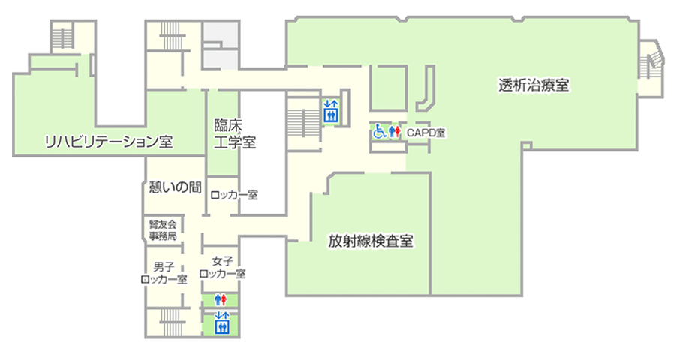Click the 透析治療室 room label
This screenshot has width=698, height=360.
click(x=534, y=85)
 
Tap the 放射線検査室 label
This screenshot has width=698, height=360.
click(x=371, y=241)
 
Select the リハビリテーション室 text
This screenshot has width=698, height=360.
click(x=109, y=142)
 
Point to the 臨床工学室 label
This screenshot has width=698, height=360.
click(x=235, y=133)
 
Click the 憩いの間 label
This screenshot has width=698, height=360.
click(x=175, y=187)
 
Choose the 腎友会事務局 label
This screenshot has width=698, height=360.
click(x=163, y=230)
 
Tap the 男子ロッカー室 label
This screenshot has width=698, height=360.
click(x=164, y=273)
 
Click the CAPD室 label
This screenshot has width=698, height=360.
click(x=426, y=133)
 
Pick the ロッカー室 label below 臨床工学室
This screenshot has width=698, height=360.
click(x=234, y=195)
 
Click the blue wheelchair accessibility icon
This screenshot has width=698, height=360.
click(x=379, y=131)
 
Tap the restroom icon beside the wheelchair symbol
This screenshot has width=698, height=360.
click(x=394, y=131)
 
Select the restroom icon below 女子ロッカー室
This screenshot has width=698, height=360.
click(x=221, y=299)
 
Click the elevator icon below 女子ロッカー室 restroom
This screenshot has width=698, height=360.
click(x=221, y=323)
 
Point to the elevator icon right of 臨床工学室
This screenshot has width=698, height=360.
click(x=331, y=111)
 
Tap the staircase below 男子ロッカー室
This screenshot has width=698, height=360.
click(x=173, y=321)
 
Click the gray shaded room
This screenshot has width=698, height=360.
click(x=221, y=46)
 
